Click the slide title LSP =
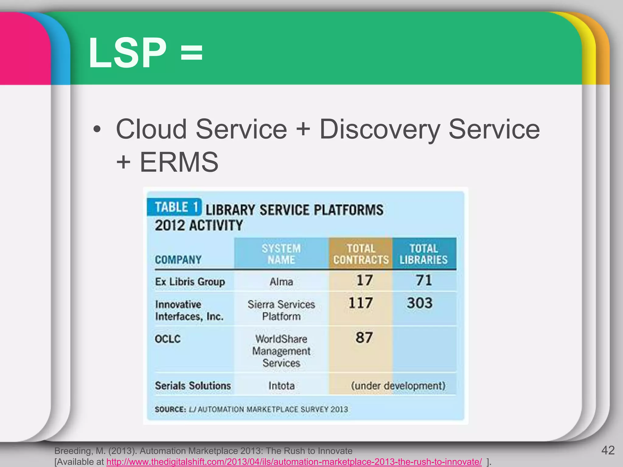coord(145,53)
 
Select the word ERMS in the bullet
coord(179,162)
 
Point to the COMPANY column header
coord(178,260)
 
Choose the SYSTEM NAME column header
coord(281,254)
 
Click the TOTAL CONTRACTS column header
coord(361,254)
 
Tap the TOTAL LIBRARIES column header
coord(423,254)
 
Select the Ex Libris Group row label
coord(190,282)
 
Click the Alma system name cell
coord(281,282)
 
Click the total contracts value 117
coord(360,303)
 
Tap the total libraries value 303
coord(420,303)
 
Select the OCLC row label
coord(168,339)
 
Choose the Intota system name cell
coord(281,386)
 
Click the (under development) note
coord(398,386)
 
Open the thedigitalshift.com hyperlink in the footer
coord(294,462)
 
